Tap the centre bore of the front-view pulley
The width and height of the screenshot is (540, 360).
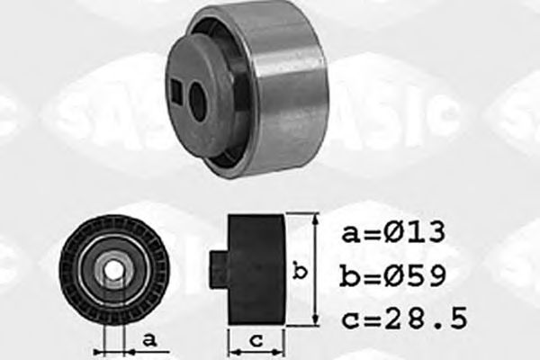point(113,268)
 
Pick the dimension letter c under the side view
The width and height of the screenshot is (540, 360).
point(255,341)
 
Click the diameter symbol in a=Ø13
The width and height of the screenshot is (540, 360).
point(391,234)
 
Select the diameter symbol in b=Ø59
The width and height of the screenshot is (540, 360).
point(391,275)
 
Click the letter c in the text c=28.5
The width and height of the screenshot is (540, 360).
point(349,319)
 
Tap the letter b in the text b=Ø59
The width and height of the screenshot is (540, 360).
point(349,275)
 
